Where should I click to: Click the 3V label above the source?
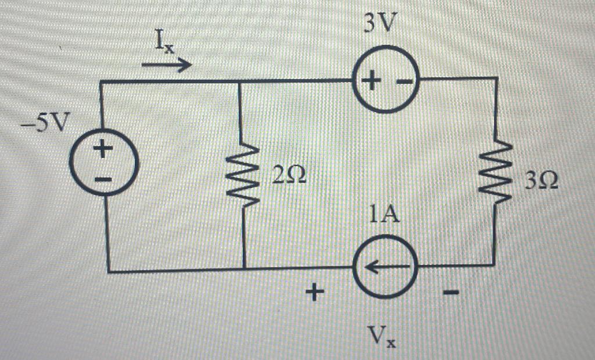coord(382,24)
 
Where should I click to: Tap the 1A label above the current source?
coord(384,216)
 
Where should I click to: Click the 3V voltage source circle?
coord(384,81)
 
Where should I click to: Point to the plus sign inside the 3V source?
coord(370,82)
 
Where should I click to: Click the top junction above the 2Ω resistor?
coord(241,82)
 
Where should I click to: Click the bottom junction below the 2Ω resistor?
coord(243,269)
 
